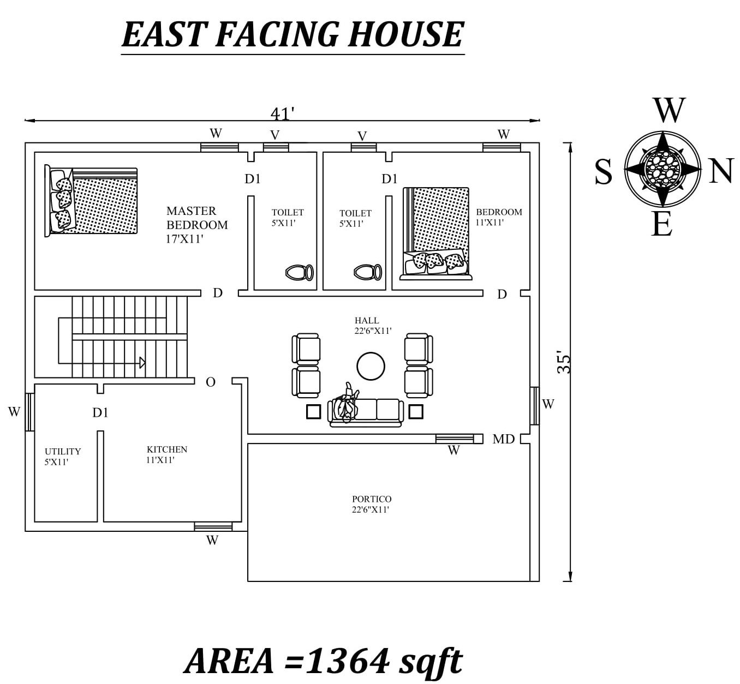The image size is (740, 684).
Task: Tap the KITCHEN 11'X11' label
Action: [166, 454]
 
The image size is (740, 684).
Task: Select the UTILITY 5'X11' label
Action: [62, 457]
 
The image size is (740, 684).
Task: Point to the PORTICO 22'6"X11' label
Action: [371, 504]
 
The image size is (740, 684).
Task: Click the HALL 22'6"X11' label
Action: [372, 326]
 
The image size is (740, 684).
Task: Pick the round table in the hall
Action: [371, 366]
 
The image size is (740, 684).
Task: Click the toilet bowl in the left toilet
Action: [299, 272]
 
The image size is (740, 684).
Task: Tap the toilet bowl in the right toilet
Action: [367, 272]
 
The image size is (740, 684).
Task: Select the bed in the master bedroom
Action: [91, 201]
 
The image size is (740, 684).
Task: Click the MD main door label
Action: [503, 439]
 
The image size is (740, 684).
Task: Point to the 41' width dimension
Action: [282, 113]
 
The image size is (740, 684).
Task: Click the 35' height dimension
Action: [564, 362]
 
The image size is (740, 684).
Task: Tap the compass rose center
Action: [662, 169]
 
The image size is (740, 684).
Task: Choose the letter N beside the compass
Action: [720, 171]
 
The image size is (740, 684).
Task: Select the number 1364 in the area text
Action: [348, 661]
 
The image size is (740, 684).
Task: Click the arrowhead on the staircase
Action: [142, 363]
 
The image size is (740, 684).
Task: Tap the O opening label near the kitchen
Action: [211, 382]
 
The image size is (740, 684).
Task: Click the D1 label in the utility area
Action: [100, 413]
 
